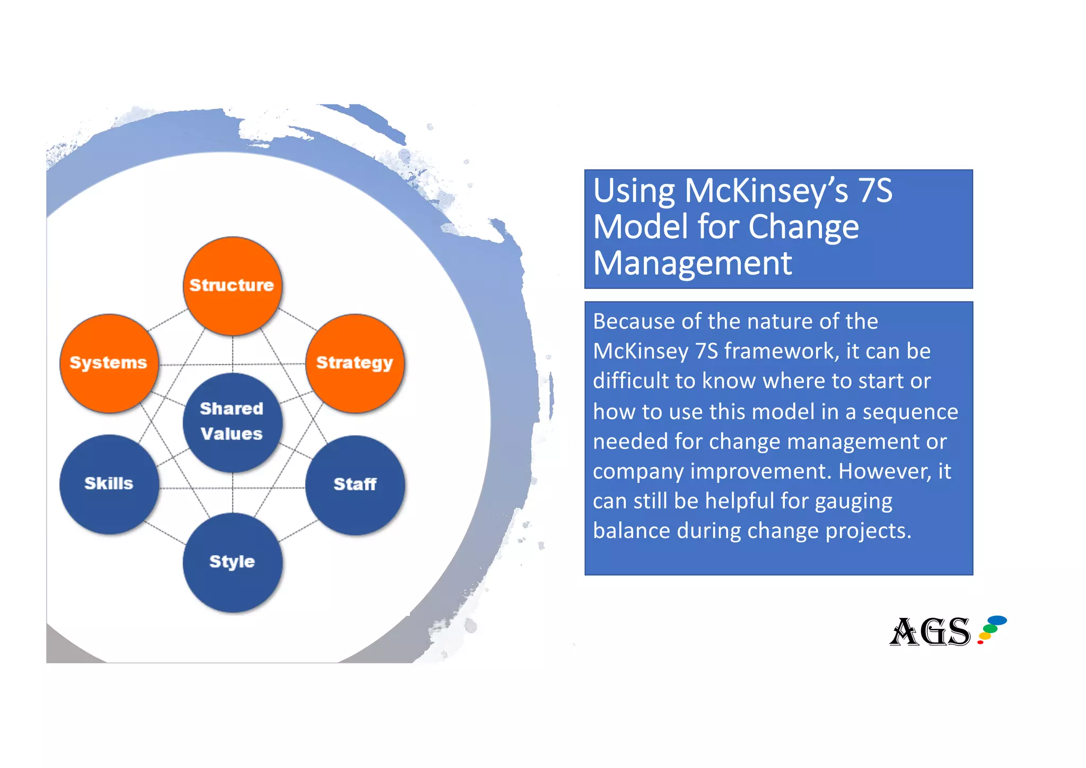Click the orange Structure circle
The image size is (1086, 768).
tap(232, 286)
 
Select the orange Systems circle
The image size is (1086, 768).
tap(109, 363)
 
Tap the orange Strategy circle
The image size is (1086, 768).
tap(355, 363)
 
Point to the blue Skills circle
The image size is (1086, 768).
tap(109, 484)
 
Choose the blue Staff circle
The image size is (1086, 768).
tap(355, 484)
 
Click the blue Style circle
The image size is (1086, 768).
tap(232, 562)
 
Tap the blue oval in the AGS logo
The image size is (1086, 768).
tap(996, 620)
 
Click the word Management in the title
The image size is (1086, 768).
tap(692, 263)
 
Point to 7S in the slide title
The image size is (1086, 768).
tap(875, 191)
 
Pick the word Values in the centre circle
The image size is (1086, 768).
tap(232, 434)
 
